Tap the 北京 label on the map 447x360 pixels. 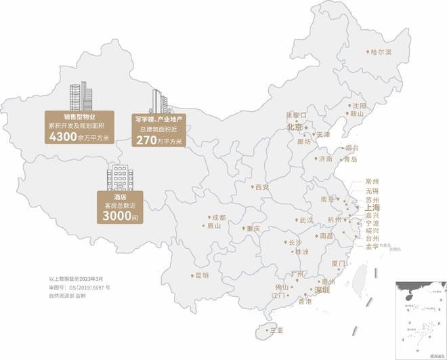[x=295, y=127]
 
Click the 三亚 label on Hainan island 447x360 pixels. [x=276, y=330]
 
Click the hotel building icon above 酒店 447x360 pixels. [x=119, y=178]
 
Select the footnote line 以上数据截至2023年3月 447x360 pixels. [x=75, y=279]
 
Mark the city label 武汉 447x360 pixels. [x=306, y=220]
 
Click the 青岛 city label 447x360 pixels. [x=349, y=159]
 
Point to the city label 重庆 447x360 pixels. [x=253, y=228]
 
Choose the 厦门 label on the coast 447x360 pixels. [x=338, y=263]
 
